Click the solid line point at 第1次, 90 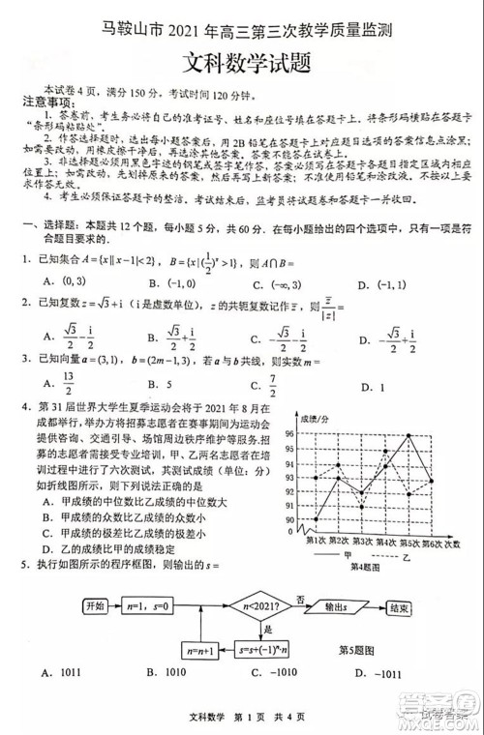point(317,520)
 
